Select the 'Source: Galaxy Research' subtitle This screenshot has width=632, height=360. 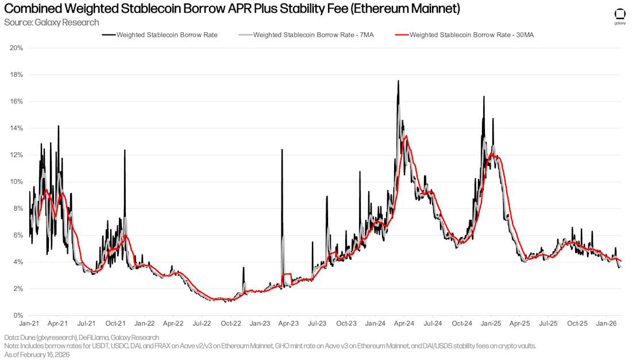click(52, 22)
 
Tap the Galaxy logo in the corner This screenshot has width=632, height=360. click(620, 16)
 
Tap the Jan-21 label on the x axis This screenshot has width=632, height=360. click(29, 324)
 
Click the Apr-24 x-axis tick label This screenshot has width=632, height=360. click(404, 324)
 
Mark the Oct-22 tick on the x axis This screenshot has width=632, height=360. click(231, 324)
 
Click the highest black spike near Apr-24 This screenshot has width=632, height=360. click(398, 81)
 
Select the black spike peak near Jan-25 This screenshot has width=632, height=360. click(484, 96)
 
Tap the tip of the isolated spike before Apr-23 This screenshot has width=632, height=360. click(282, 149)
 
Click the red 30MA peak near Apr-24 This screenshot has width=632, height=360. click(406, 136)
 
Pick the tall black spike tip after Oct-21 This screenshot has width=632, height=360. click(124, 150)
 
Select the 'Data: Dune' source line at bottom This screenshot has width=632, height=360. click(81, 338)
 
